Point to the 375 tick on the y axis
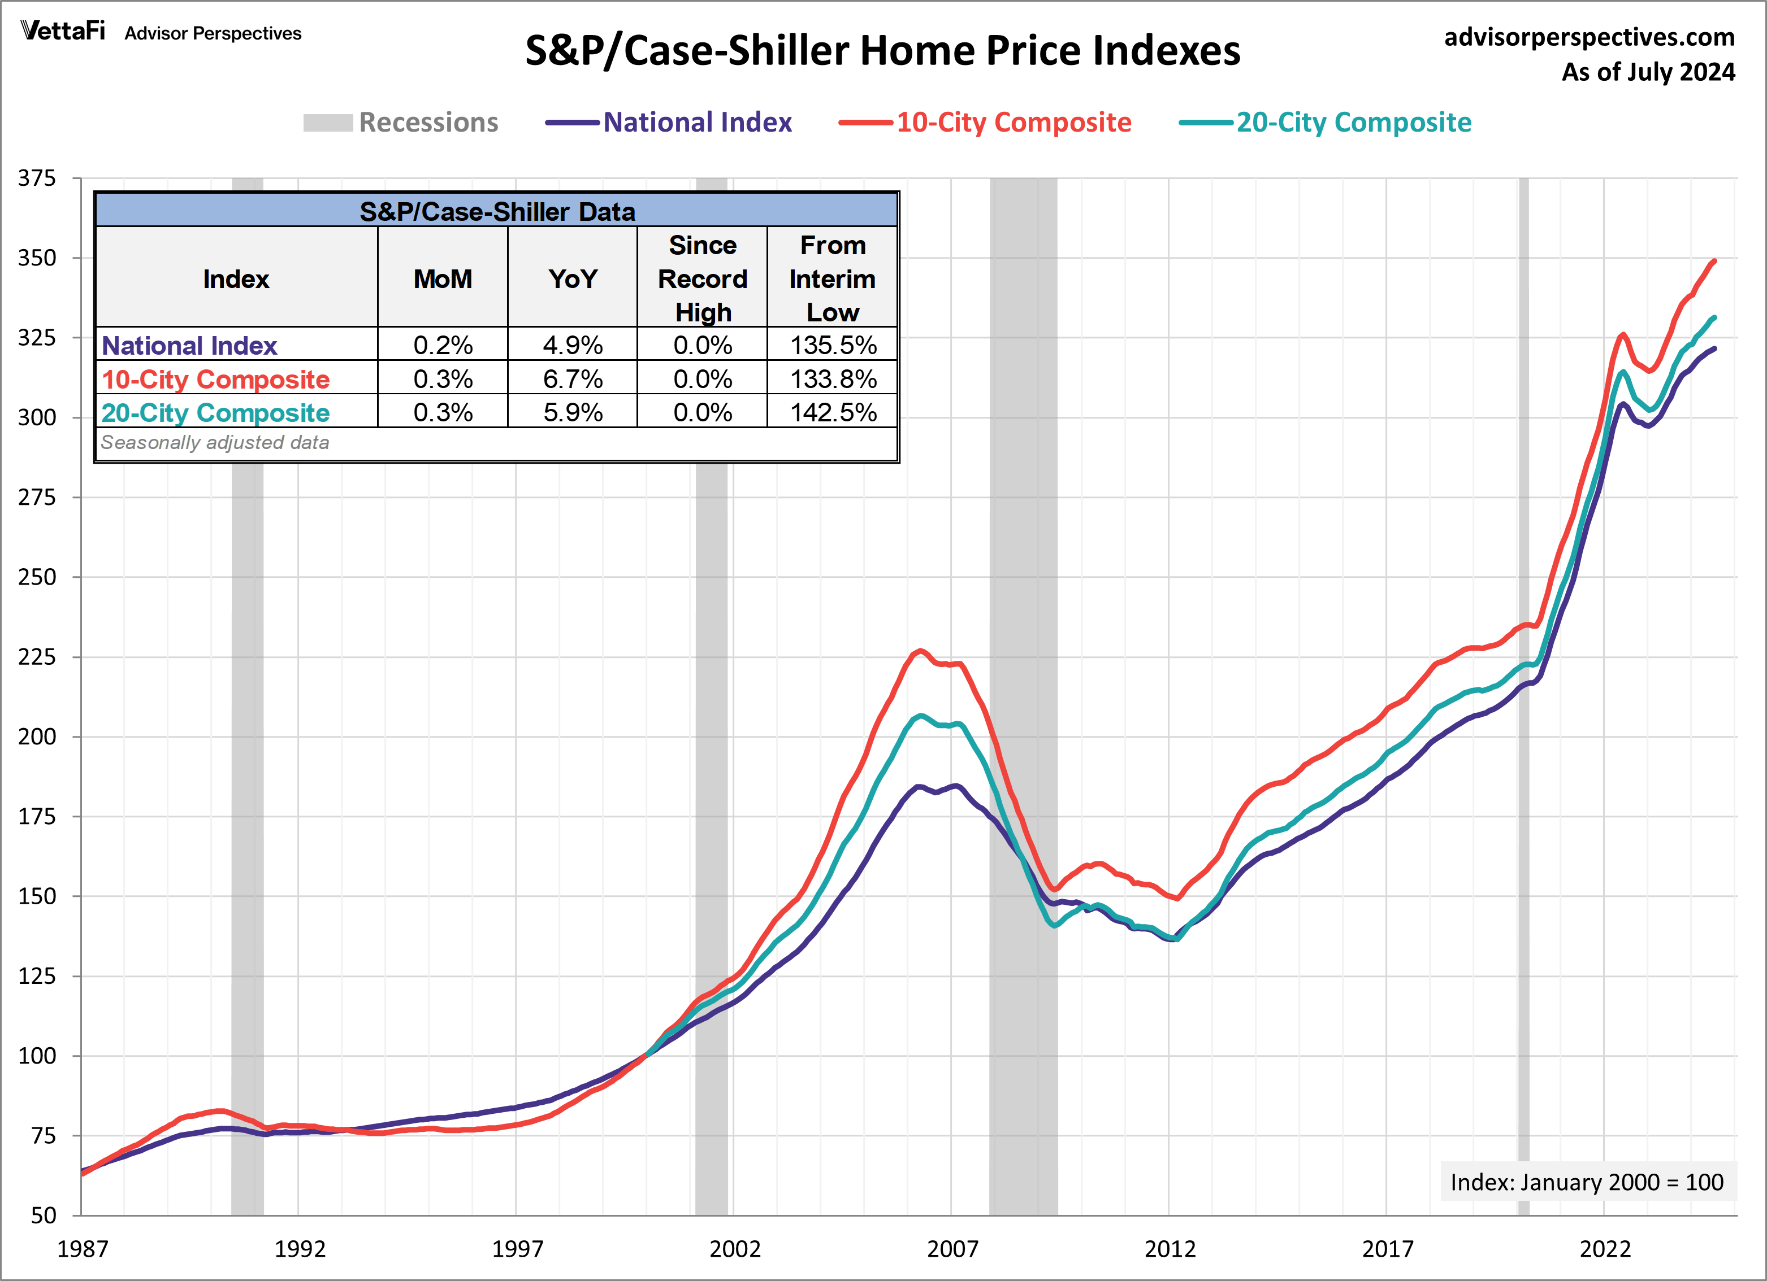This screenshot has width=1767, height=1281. click(37, 178)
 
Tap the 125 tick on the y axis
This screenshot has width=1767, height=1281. click(37, 976)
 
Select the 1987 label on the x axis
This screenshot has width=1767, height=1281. click(82, 1249)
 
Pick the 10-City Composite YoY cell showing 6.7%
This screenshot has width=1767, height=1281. click(573, 379)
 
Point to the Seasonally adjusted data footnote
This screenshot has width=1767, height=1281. click(215, 442)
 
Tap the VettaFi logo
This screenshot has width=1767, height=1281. click(62, 31)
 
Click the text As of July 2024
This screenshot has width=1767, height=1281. click(1648, 72)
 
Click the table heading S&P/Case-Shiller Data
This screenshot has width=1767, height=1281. click(497, 212)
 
